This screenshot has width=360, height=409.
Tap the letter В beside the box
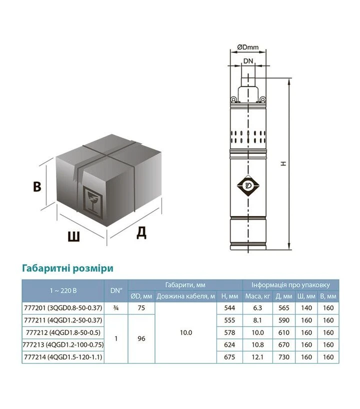pyautogui.click(x=37, y=187)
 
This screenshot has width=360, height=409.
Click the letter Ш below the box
pyautogui.click(x=74, y=236)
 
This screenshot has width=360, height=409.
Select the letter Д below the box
pyautogui.click(x=141, y=232)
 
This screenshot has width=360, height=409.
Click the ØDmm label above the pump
pyautogui.click(x=248, y=47)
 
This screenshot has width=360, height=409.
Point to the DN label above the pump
pyautogui.click(x=248, y=61)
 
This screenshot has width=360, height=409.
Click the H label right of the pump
pyautogui.click(x=283, y=163)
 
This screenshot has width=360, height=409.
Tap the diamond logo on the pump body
pyautogui.click(x=248, y=185)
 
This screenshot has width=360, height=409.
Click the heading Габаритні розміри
pyautogui.click(x=68, y=268)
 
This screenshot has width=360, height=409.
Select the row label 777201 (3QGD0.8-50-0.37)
pyautogui.click(x=63, y=308)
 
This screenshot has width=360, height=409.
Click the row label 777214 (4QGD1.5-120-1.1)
pyautogui.click(x=63, y=357)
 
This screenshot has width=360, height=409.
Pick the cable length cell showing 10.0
pyautogui.click(x=186, y=332)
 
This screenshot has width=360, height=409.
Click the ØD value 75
pyautogui.click(x=141, y=308)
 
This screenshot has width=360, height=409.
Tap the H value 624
pyautogui.click(x=229, y=345)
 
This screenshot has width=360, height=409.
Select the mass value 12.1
pyautogui.click(x=257, y=357)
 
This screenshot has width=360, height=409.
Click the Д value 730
pyautogui.click(x=284, y=357)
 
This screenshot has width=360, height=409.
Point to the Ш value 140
pyautogui.click(x=306, y=308)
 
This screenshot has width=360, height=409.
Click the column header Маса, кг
pyautogui.click(x=257, y=296)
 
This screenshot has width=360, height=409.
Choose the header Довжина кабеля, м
pyautogui.click(x=185, y=296)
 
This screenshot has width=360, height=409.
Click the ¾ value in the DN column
pyautogui.click(x=116, y=308)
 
